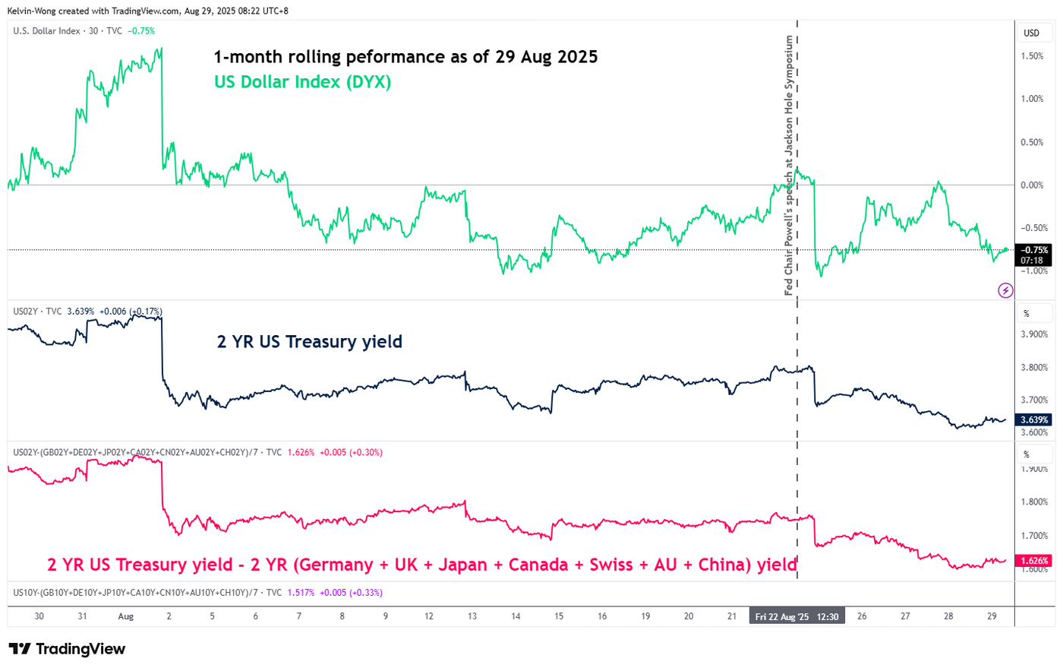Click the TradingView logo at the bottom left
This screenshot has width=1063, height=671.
(67, 649)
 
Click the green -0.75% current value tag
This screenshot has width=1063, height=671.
(1034, 250)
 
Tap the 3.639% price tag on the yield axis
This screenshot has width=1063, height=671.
(1034, 419)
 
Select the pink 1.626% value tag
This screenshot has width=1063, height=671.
(1034, 561)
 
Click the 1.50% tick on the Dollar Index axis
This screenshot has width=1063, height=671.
(1032, 56)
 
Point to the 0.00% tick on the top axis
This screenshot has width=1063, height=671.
(1032, 185)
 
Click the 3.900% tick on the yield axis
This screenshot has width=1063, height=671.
(1034, 334)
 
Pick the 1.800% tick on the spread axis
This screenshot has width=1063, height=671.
(1034, 502)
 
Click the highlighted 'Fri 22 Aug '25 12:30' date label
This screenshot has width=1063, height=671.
(796, 616)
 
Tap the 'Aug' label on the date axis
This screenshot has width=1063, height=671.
(126, 616)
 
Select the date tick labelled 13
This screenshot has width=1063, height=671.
(472, 616)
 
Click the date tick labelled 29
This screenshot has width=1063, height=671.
(992, 616)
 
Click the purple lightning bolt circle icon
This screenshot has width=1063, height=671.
(1005, 290)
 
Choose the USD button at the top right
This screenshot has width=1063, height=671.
(1031, 33)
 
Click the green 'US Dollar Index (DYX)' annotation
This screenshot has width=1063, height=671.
(302, 82)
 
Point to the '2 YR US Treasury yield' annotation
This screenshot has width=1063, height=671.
(309, 342)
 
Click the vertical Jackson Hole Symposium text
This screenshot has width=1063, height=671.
(789, 166)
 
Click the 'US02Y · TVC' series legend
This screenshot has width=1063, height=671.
(37, 312)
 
